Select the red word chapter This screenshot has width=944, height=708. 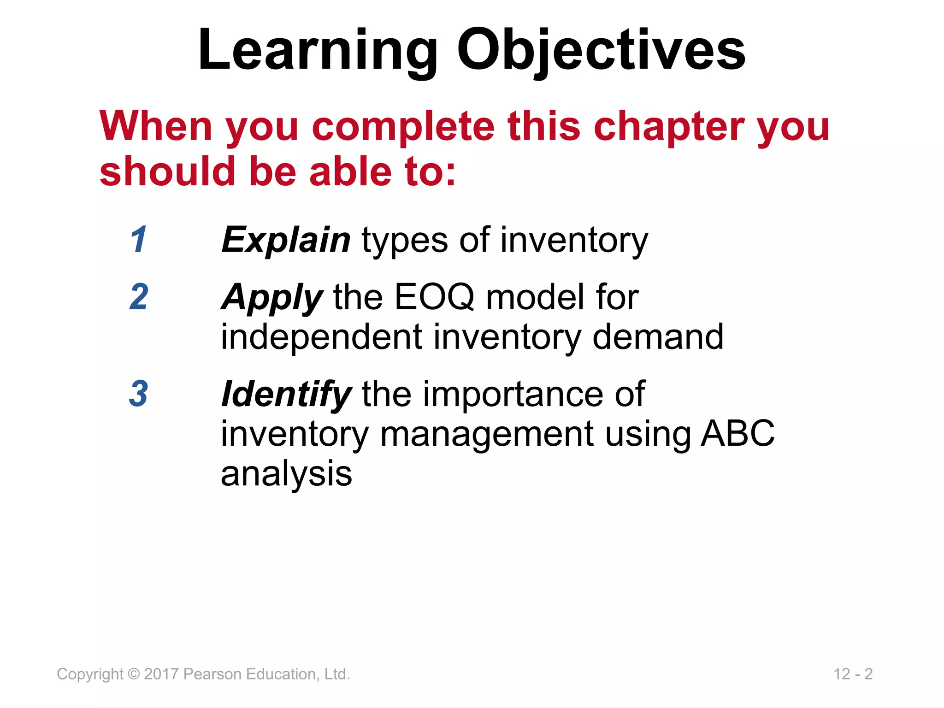[668, 127]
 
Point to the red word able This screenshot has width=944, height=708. [350, 172]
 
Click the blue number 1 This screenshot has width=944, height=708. [139, 239]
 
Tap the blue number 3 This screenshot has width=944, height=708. [139, 394]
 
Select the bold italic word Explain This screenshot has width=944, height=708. [286, 240]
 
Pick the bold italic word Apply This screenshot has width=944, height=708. [271, 298]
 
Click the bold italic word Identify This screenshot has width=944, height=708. [286, 395]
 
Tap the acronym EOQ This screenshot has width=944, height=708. [434, 297]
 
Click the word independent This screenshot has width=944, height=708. [321, 337]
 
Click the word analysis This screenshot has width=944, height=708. [286, 474]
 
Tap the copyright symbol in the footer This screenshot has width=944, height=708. [133, 674]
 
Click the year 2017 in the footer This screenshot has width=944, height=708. [161, 674]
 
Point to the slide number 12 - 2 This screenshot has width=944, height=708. [853, 674]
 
